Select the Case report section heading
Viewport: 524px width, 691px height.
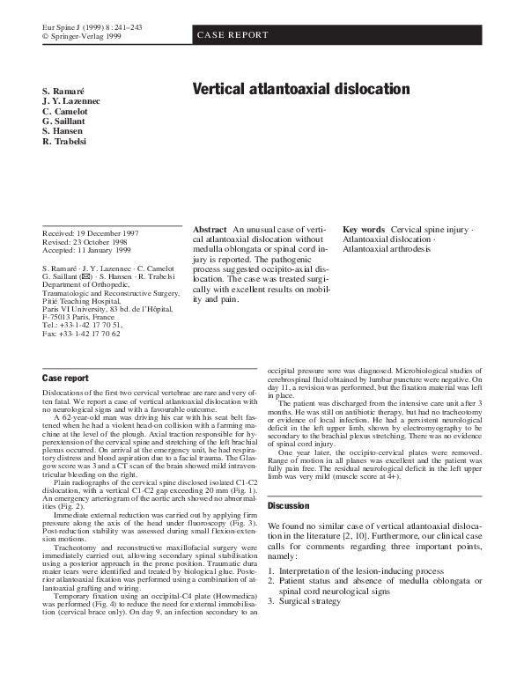pos(65,379)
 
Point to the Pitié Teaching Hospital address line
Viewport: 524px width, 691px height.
pos(79,300)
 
